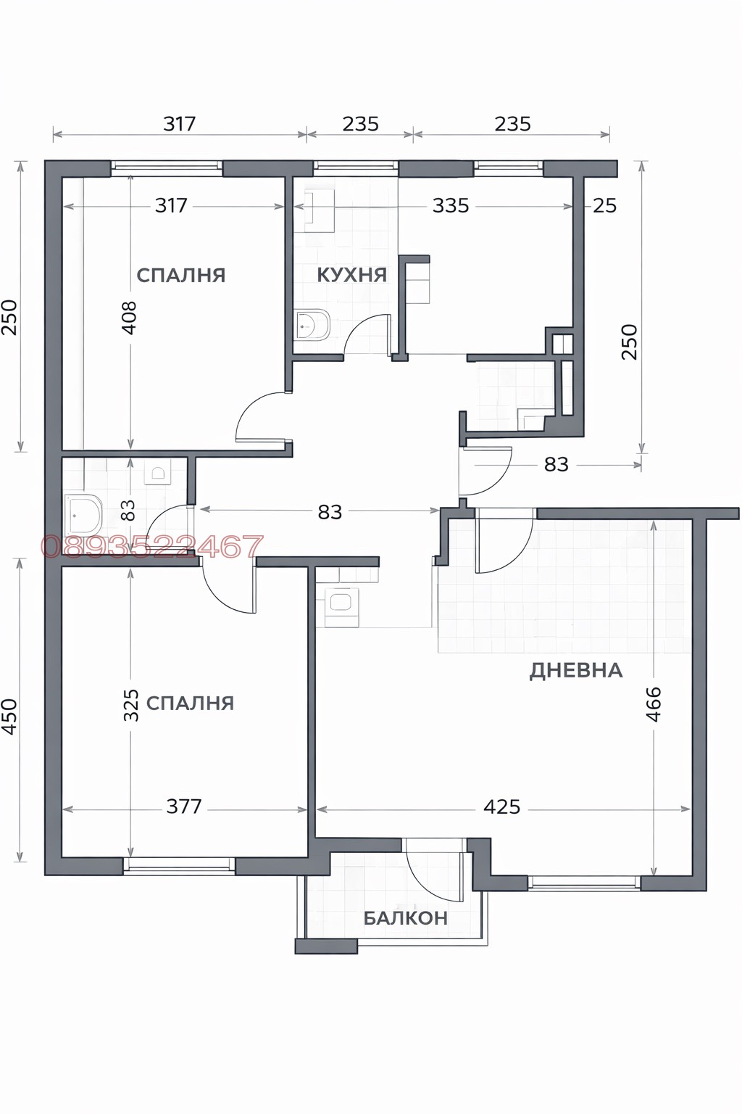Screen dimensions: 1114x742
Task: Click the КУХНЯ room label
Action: pos(351,275)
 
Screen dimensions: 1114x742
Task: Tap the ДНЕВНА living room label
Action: pos(576,670)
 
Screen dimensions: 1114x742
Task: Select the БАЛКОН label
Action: pos(405,918)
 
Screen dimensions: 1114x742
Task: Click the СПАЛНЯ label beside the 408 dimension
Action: pos(181,276)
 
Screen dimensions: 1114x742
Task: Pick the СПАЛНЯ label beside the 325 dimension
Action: pos(190,703)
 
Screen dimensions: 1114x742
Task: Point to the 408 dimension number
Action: pos(129,318)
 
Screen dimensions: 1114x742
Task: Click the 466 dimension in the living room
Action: pos(653,704)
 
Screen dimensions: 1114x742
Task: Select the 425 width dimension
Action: pos(501,806)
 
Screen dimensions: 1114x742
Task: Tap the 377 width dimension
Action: pos(184,806)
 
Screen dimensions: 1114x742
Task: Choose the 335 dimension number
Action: pos(451,206)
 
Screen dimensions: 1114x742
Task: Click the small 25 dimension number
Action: pos(604,206)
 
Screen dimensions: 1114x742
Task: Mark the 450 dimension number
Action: pos(9,717)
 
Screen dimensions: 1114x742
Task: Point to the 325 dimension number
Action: pos(130,705)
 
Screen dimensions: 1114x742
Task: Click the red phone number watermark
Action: pos(152,546)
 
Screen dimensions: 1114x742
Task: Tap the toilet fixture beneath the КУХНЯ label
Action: pos(313,326)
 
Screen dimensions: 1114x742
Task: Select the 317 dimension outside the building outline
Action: pos(179,124)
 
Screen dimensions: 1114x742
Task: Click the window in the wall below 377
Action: pos(179,865)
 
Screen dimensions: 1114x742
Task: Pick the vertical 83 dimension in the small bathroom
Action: pos(128,510)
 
